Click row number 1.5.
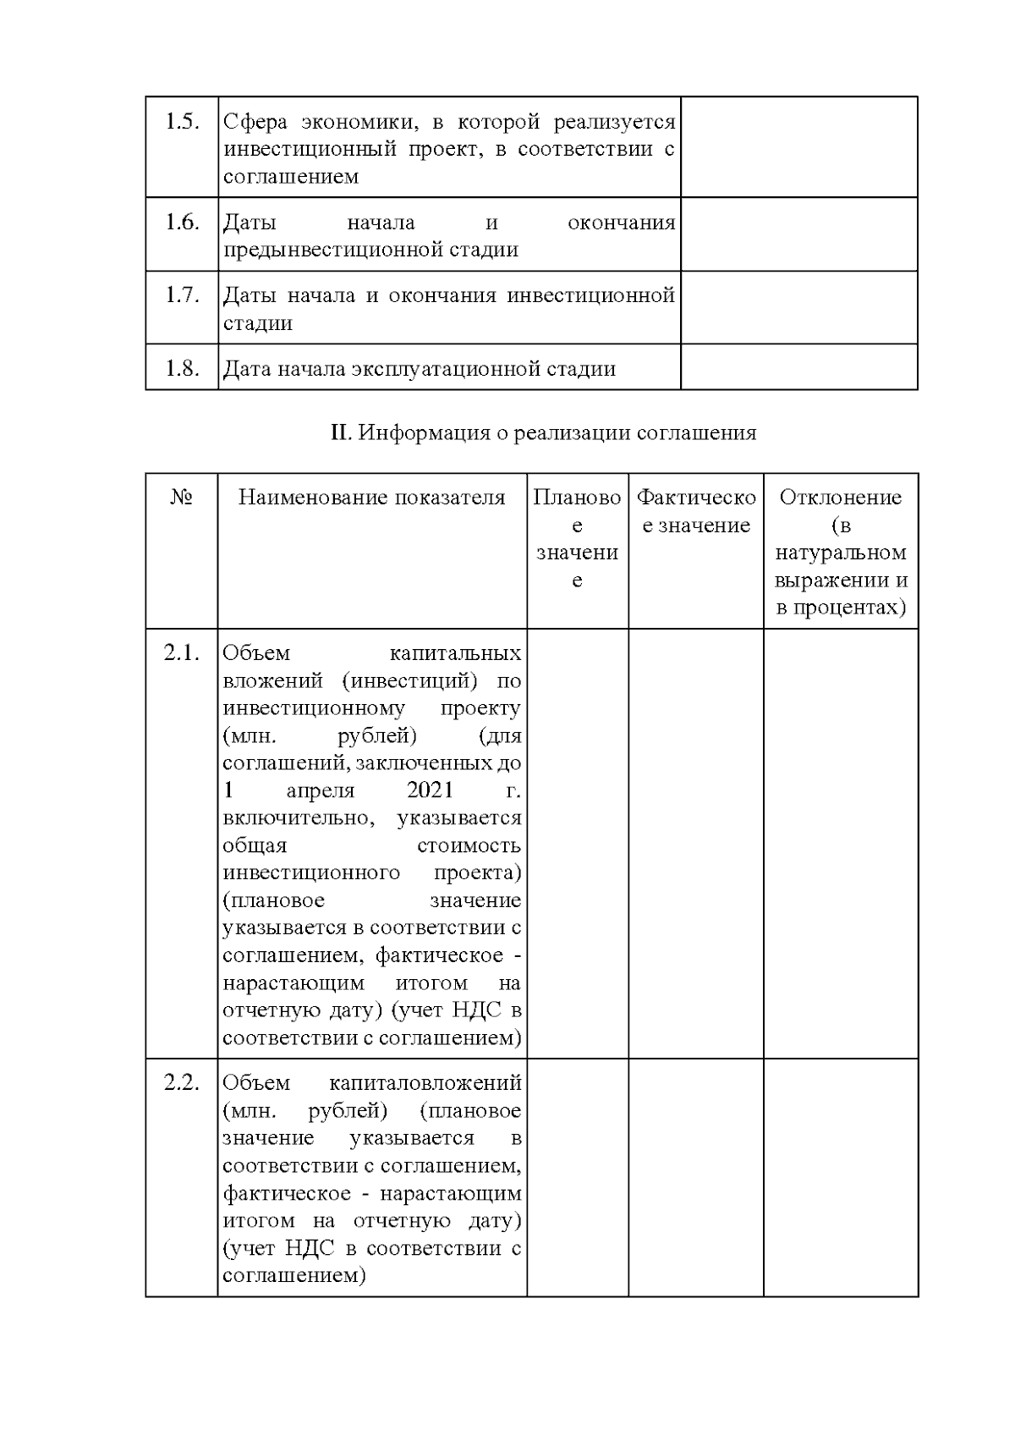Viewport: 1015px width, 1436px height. coord(182,122)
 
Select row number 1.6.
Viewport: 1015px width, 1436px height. coord(182,223)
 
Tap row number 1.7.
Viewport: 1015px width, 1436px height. coord(182,295)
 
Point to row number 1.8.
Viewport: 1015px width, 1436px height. coord(182,369)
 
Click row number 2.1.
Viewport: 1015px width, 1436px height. coord(182,653)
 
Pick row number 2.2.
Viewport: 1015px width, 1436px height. coord(182,1083)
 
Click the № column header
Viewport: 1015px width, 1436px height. coord(182,498)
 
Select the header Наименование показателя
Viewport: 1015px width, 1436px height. coord(372,498)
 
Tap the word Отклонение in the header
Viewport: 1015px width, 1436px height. coord(840,498)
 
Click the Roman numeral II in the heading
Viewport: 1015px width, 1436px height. coord(340,433)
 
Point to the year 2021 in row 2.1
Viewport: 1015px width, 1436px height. coord(430,790)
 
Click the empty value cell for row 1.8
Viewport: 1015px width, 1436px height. coord(798,367)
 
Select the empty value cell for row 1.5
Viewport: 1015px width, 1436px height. coord(798,147)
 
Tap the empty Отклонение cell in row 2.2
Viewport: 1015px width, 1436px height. coord(840,1177)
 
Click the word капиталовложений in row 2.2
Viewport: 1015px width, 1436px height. coord(425,1083)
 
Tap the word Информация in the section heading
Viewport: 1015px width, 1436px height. coord(424,433)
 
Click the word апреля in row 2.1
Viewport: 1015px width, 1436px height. coord(321,790)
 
